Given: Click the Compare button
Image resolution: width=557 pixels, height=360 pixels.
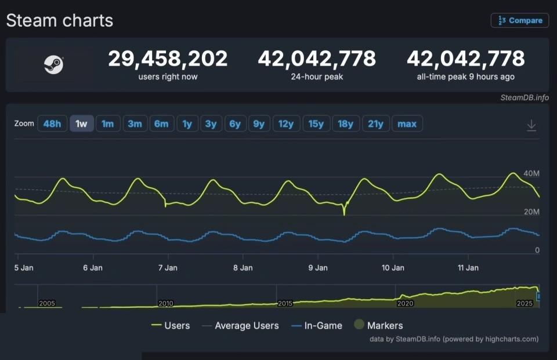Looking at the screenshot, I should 520,20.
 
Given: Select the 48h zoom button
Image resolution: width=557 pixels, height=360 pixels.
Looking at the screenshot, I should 52,123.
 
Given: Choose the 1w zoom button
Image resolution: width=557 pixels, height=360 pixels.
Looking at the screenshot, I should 82,123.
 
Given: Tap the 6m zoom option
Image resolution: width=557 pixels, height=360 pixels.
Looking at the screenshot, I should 161,123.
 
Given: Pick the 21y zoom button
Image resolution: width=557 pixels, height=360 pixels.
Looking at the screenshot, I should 375,123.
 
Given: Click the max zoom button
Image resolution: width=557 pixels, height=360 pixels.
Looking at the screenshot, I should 407,123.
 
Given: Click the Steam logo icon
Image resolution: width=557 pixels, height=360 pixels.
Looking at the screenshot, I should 53,65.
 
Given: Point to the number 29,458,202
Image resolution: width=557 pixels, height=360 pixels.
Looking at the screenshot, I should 168,59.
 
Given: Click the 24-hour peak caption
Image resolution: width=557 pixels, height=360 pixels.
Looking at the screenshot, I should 317,77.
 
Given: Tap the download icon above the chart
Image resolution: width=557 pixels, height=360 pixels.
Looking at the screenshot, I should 531,125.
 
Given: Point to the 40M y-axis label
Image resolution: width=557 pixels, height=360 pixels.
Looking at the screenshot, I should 531,174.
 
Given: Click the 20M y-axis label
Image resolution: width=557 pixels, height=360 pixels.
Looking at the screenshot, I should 531,212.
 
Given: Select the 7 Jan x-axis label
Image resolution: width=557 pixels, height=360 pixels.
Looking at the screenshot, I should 168,268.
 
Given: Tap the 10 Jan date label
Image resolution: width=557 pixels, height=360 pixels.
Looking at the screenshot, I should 393,268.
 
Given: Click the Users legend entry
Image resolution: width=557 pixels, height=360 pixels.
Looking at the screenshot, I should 171,326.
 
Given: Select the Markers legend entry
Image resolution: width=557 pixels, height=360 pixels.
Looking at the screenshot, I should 378,326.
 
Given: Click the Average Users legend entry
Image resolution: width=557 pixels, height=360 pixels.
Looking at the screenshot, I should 240,326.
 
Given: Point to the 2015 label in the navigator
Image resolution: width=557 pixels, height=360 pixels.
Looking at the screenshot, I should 285,303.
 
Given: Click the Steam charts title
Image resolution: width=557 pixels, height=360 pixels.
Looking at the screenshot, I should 60,21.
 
